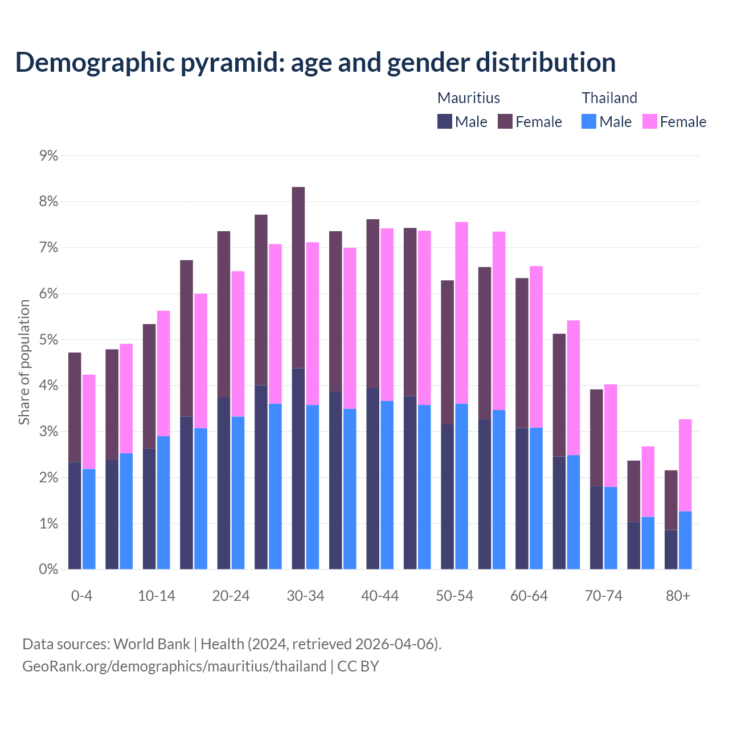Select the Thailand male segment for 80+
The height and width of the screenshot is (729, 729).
point(685,540)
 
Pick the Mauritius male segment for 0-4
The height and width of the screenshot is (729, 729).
point(75,515)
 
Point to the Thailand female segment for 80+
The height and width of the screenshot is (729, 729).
point(685,465)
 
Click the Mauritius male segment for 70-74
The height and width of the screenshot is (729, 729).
point(596,527)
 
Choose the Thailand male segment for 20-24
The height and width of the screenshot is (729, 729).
point(238,493)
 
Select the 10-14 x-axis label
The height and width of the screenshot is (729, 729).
point(157,596)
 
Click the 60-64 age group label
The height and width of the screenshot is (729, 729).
point(529,596)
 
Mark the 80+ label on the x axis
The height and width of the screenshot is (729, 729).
point(678,596)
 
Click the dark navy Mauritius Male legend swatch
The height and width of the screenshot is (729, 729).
point(445,121)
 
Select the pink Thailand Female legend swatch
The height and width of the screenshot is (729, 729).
point(650,121)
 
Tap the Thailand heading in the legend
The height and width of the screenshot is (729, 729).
point(609,98)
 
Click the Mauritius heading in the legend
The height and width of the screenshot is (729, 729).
point(469,98)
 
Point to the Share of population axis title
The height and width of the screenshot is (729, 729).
point(24,362)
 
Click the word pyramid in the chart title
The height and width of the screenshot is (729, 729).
point(232,62)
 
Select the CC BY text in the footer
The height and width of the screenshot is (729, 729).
point(358,666)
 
